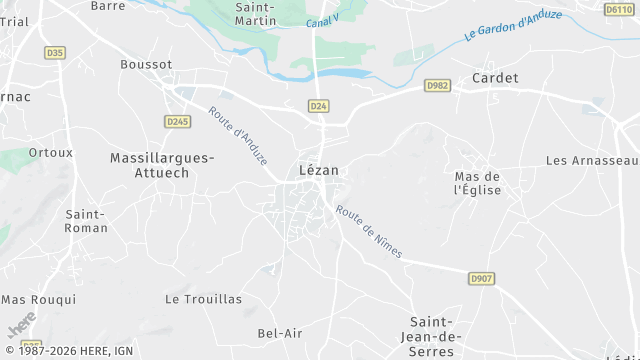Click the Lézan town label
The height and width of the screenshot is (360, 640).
319,170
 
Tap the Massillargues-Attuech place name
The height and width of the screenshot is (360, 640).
161,165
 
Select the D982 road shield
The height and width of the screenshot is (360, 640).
436,86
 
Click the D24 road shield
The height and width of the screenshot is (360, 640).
318,105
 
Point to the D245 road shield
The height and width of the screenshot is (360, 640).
177,121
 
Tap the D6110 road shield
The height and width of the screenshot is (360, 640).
619,9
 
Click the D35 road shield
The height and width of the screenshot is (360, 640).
54,53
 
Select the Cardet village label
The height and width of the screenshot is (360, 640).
495,78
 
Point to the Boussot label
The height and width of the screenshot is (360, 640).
146,64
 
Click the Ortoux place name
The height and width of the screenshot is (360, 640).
51,153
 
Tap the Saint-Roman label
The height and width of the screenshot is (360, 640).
86,220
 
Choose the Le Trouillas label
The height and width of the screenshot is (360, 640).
203,299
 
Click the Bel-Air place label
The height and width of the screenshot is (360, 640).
280,333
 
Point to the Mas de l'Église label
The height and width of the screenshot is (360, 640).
477,182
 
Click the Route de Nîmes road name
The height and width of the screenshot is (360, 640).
369,232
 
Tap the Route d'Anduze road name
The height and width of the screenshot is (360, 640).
238,135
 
